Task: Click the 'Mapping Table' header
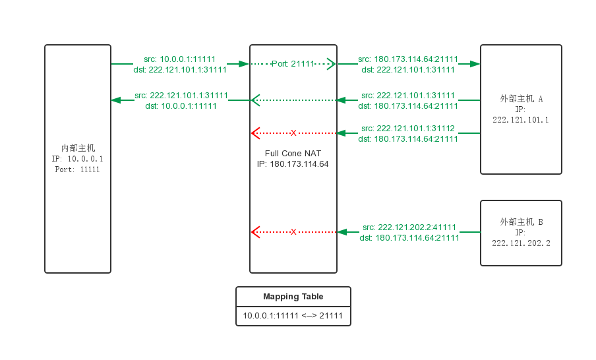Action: click(x=293, y=297)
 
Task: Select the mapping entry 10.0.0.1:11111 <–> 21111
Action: click(x=293, y=316)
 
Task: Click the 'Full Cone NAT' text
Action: click(x=293, y=154)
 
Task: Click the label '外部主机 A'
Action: click(x=521, y=99)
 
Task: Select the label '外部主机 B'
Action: click(x=521, y=222)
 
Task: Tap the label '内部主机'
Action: click(x=78, y=148)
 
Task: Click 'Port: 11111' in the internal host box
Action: click(x=78, y=169)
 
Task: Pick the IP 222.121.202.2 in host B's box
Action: click(x=521, y=243)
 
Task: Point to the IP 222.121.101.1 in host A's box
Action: click(x=521, y=120)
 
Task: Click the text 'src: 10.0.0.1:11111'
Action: click(x=179, y=59)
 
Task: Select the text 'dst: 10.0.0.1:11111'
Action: click(x=181, y=106)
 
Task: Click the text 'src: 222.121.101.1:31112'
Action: click(x=408, y=129)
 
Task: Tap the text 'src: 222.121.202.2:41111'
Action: click(x=409, y=227)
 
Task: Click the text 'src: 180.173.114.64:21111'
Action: click(x=408, y=59)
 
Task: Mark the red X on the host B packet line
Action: click(x=293, y=232)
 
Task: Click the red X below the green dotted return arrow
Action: click(x=293, y=133)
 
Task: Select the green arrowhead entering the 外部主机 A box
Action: click(x=475, y=64)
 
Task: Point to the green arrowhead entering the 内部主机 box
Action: click(x=116, y=100)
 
